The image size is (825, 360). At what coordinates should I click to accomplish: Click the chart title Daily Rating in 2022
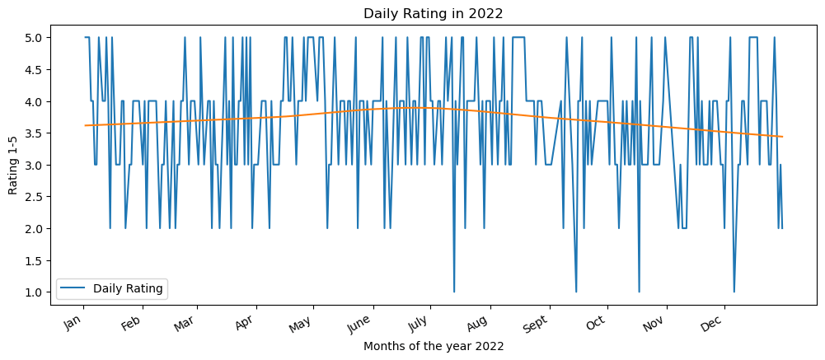click(433, 13)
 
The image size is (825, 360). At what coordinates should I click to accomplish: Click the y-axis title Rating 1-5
click(12, 165)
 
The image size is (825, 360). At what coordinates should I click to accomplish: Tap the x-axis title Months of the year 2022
click(433, 347)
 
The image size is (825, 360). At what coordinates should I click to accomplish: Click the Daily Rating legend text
click(129, 288)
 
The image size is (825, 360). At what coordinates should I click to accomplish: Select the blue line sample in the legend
click(74, 288)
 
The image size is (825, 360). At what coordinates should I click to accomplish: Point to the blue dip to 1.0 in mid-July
click(454, 291)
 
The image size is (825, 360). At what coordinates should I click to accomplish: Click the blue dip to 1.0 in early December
click(734, 291)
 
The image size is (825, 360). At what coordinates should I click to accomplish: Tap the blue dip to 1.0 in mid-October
click(639, 291)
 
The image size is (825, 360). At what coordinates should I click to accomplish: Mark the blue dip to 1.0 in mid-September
click(576, 291)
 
